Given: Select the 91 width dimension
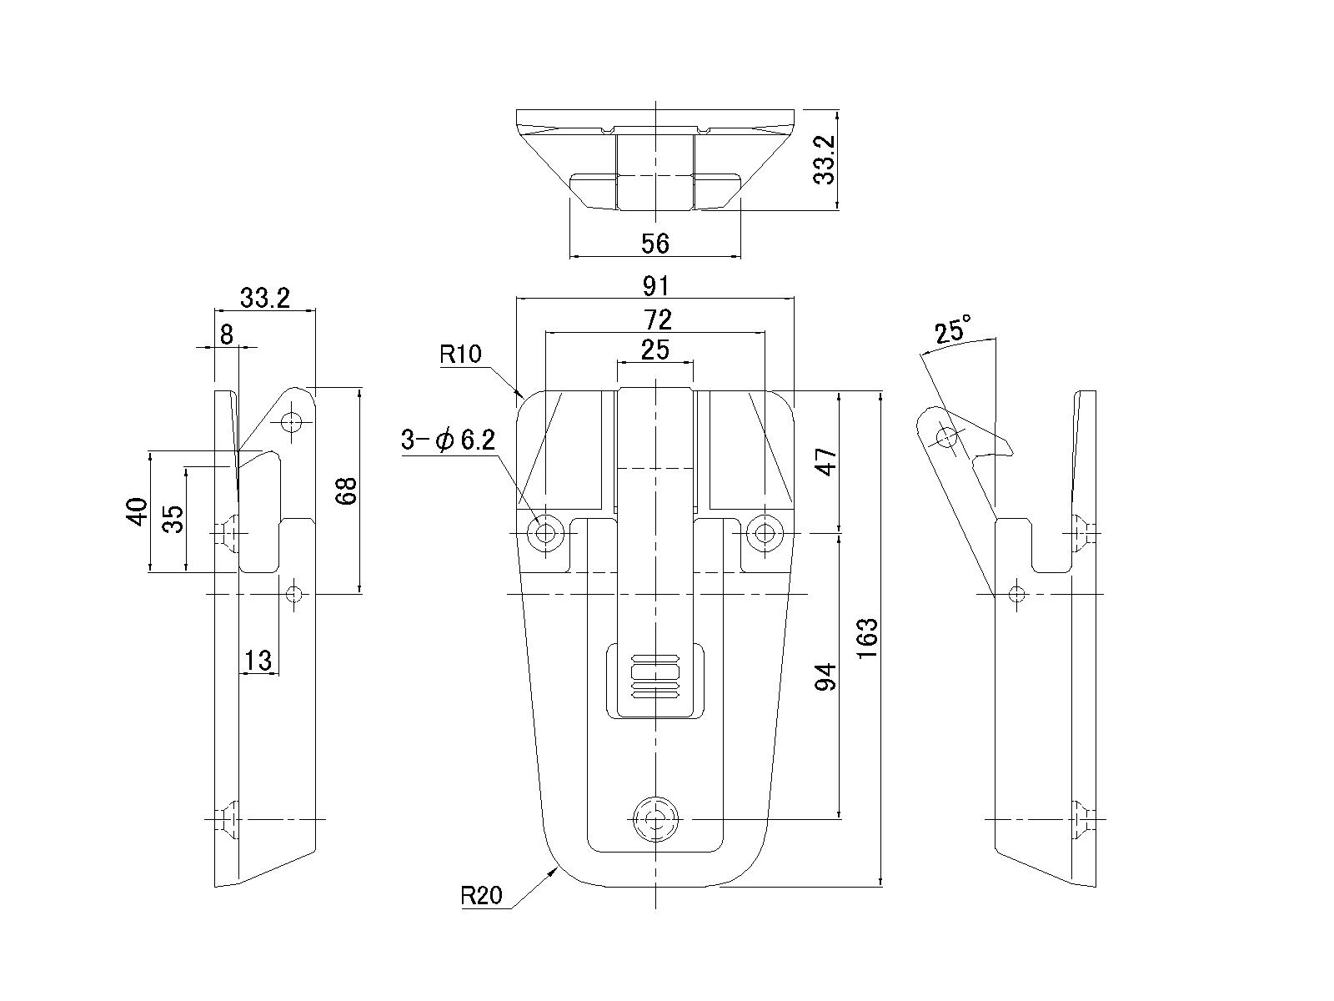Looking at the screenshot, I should [656, 286].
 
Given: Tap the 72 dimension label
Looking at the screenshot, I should [656, 319].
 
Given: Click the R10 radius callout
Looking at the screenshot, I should [460, 355].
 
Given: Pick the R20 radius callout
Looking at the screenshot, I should [481, 897].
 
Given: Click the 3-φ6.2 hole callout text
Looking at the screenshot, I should [448, 440].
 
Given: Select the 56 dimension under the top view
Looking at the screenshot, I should [655, 244].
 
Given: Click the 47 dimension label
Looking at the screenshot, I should [825, 460].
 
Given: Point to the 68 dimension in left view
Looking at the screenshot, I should [347, 490].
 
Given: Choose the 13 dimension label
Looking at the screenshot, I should [258, 661].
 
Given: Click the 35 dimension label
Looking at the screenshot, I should [173, 519].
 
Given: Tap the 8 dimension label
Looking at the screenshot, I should [226, 334].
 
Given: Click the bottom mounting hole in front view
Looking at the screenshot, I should [656, 819].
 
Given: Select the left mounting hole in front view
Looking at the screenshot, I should [547, 531].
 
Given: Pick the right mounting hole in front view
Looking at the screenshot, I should [764, 531].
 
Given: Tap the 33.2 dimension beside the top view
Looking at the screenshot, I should [825, 160].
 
